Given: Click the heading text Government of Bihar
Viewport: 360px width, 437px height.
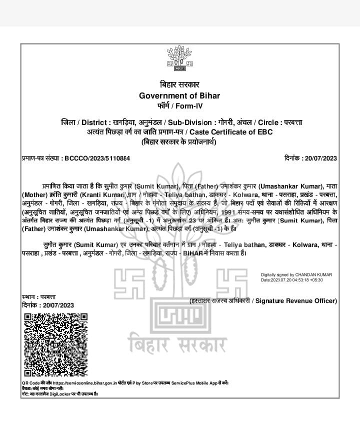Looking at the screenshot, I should (179, 96).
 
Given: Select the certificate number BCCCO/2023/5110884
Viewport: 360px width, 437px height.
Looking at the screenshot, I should (97, 158).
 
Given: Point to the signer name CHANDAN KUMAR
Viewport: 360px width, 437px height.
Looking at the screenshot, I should (313, 274).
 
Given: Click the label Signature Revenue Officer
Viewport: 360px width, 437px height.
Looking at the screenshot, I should (296, 300).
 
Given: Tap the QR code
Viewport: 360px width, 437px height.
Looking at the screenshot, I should (55, 343).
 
